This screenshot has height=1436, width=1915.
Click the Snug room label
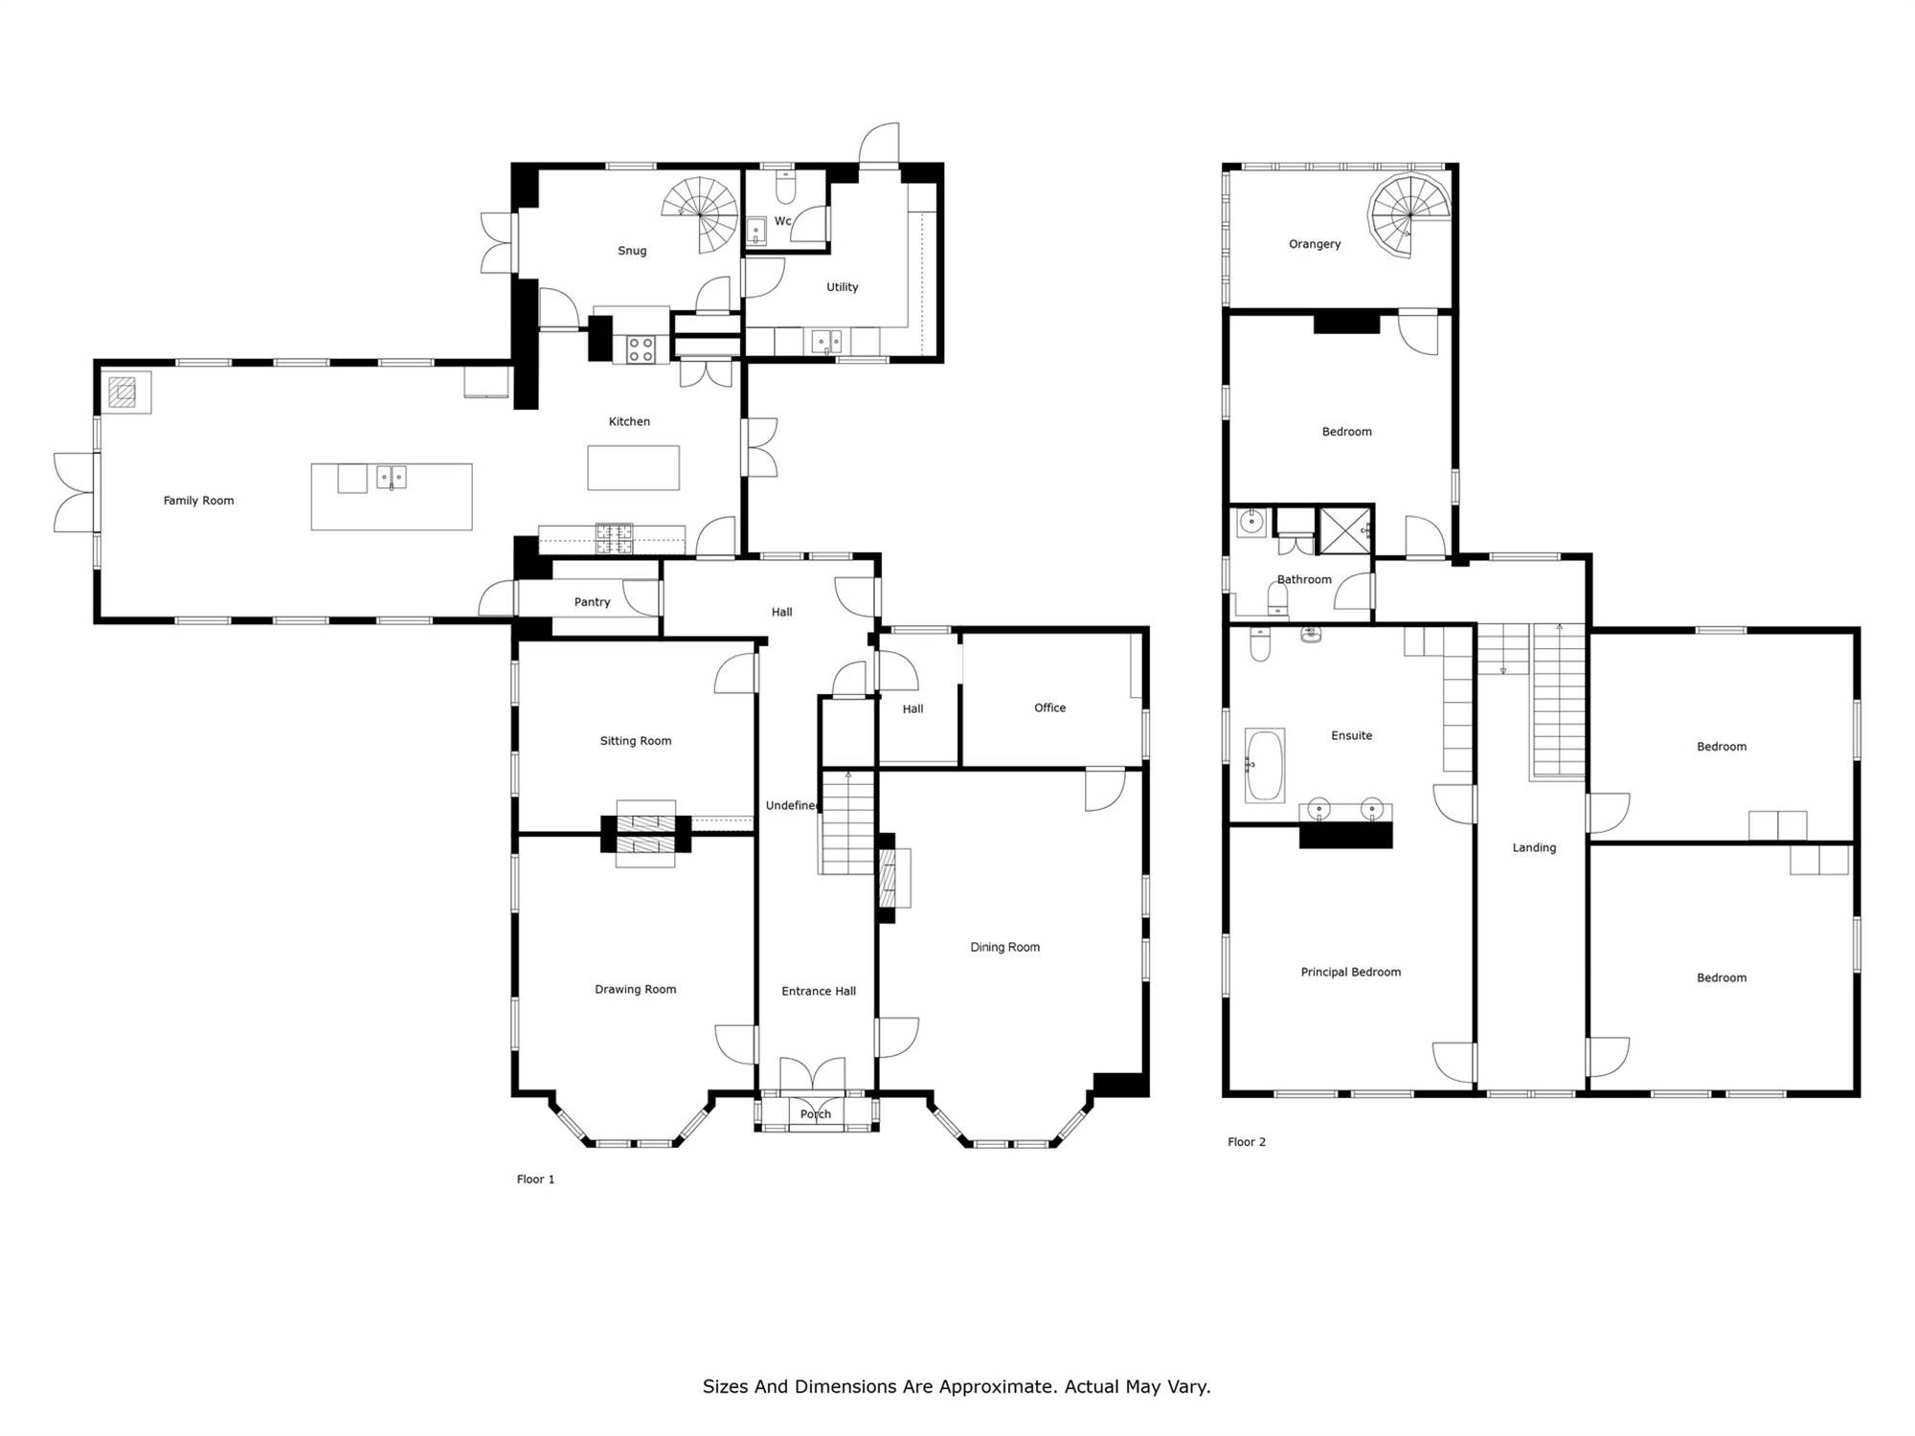tap(632, 251)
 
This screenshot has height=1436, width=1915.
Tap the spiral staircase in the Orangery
tap(1408, 215)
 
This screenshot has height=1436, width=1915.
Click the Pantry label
tap(592, 602)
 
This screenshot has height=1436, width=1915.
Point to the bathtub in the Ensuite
tap(1265, 766)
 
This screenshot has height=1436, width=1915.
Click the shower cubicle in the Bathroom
tap(1346, 530)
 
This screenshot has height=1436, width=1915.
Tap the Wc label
tap(782, 221)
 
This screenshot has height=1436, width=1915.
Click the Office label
tap(1049, 708)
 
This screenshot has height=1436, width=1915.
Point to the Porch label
tap(816, 1114)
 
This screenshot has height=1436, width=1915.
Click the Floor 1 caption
tap(535, 1179)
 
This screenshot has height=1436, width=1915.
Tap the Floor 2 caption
tap(1247, 1142)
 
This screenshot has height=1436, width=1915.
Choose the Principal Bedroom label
tap(1350, 973)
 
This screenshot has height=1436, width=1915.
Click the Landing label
tap(1534, 848)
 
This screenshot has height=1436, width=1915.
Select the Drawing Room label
tap(635, 990)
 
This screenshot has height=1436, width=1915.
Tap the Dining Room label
tap(1004, 948)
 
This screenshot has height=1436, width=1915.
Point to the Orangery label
tap(1315, 244)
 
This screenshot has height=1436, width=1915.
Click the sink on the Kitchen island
tap(391, 477)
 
